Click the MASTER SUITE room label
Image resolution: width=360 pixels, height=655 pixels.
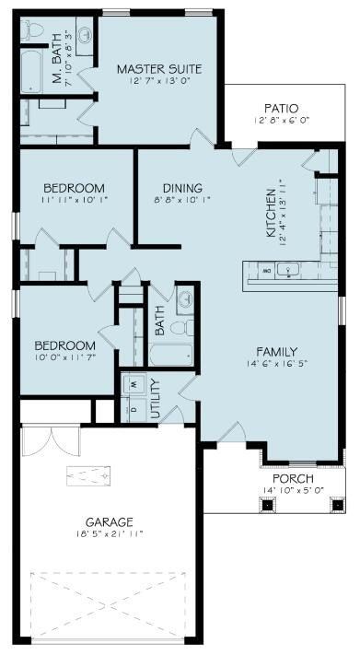(x=159, y=69)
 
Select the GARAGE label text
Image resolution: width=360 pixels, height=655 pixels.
(x=110, y=520)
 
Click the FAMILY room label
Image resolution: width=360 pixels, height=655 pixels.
(x=276, y=351)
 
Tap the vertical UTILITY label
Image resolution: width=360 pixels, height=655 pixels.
(x=155, y=398)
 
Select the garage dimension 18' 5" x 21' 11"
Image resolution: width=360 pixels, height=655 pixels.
(x=110, y=533)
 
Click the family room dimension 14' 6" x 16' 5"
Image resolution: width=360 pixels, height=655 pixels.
(x=276, y=364)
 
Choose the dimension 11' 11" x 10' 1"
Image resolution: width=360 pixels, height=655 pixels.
(x=74, y=198)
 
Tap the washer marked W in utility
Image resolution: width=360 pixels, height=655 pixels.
(x=134, y=382)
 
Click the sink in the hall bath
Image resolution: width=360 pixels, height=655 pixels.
(x=186, y=300)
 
